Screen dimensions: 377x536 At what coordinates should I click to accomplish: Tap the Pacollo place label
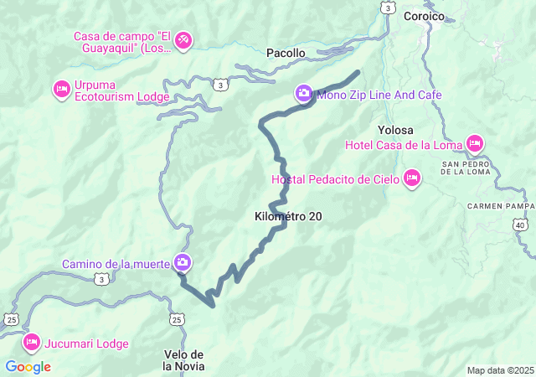(x=286, y=53)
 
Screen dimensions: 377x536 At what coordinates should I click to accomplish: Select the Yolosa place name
(x=395, y=130)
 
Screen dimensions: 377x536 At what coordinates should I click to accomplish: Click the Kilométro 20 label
(x=287, y=216)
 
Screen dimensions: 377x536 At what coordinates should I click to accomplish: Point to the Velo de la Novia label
(x=184, y=359)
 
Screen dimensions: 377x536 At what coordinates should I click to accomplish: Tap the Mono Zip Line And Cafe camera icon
(x=303, y=94)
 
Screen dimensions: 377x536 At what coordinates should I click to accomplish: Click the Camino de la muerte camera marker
(x=183, y=264)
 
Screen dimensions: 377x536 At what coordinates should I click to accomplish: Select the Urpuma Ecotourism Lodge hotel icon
(x=61, y=89)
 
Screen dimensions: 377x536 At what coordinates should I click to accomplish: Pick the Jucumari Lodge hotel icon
(x=32, y=342)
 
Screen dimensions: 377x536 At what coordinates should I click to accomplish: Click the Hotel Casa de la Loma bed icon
(x=474, y=144)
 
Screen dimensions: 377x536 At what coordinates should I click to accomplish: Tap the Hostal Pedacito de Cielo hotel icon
(x=411, y=178)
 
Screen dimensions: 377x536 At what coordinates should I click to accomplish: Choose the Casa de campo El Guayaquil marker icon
(x=183, y=39)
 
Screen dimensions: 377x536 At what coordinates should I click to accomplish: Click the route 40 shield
(x=521, y=226)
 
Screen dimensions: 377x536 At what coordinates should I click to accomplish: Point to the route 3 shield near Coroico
(x=386, y=8)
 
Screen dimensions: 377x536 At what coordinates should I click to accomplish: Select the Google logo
(x=28, y=367)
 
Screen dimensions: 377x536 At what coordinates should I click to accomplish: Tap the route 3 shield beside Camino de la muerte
(x=102, y=280)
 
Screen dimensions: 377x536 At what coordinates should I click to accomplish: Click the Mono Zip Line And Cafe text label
(x=379, y=95)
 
